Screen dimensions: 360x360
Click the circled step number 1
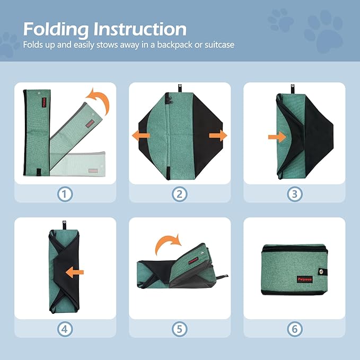[x=65, y=194]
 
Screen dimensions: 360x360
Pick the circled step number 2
[x=180, y=194]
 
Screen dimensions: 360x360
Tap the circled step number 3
[x=294, y=194]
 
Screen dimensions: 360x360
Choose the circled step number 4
[x=65, y=329]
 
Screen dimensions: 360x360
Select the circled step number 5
[x=180, y=329]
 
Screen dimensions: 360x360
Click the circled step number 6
[x=294, y=329]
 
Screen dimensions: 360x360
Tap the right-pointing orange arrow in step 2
[x=218, y=136]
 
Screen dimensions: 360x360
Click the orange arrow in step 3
[x=277, y=137]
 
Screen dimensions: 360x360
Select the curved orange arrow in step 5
[x=169, y=244]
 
